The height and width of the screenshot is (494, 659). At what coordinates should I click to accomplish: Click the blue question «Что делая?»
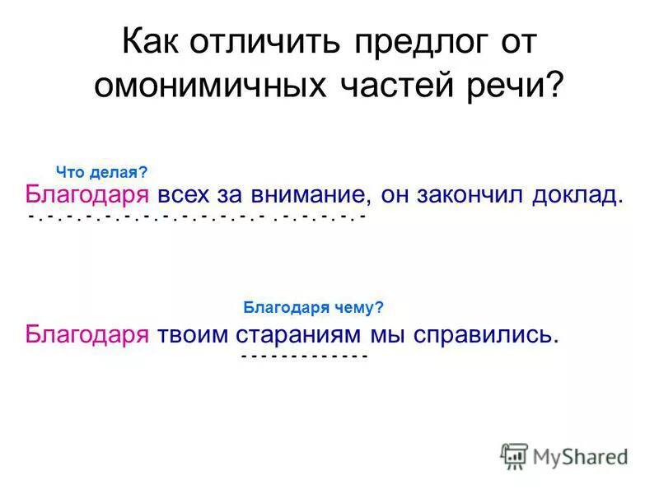[x=101, y=172]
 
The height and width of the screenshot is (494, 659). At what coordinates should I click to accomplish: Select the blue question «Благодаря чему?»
[x=314, y=307]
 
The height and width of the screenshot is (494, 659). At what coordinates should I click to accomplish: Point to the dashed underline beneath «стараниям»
[x=303, y=356]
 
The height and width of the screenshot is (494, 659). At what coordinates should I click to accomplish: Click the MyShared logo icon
[x=514, y=454]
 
